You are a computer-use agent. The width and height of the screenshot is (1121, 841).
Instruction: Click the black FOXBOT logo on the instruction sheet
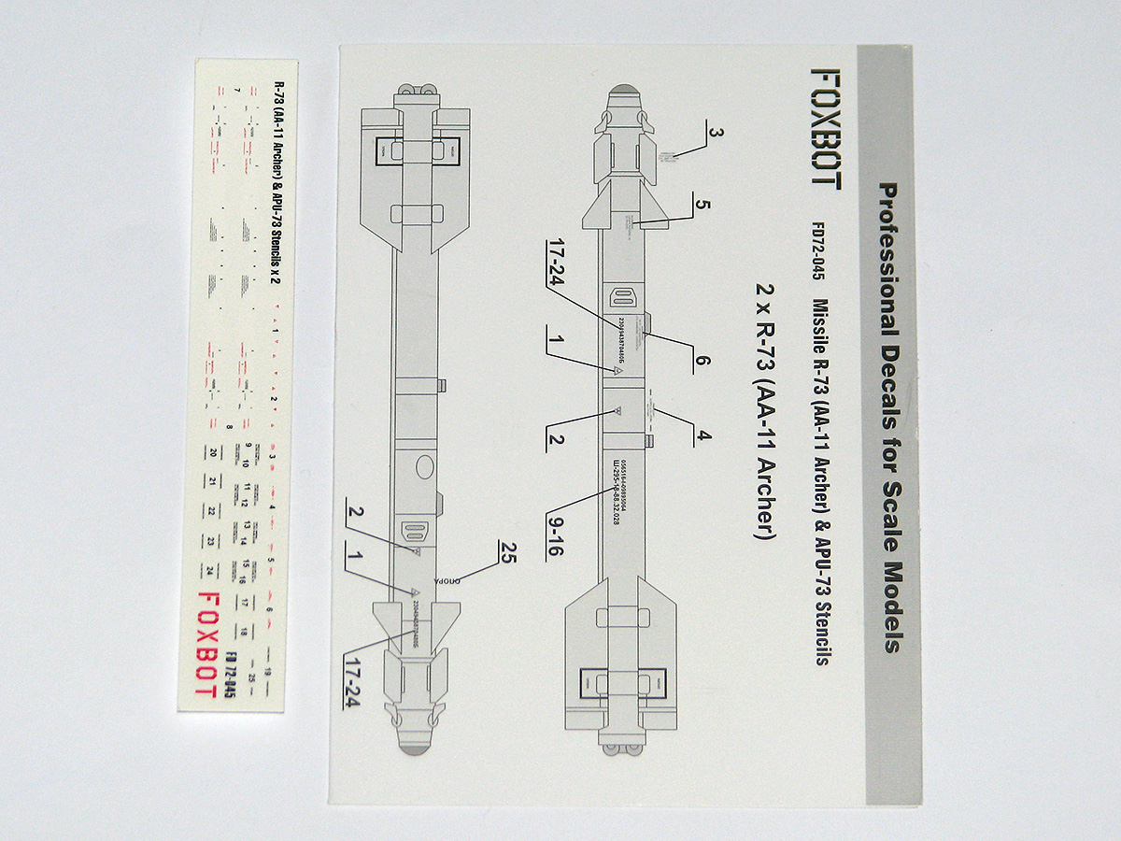[825, 126]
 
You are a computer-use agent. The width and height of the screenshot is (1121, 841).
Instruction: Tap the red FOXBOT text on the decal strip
[209, 644]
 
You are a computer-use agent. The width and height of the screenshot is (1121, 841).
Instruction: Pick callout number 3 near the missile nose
[715, 132]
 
